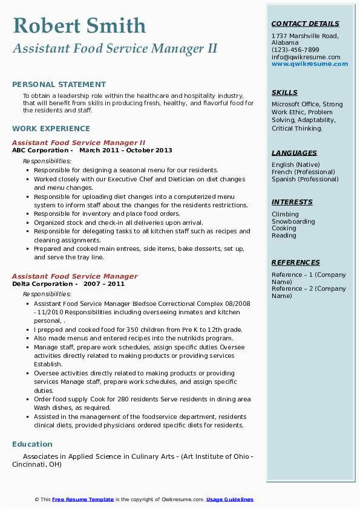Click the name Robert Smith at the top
pyautogui.click(x=79, y=25)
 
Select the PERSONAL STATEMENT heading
pyautogui.click(x=59, y=85)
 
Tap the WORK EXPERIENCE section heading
pyautogui.click(x=51, y=128)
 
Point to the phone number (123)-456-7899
pyautogui.click(x=295, y=50)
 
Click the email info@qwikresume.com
pyautogui.click(x=306, y=57)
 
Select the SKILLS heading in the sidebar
pyautogui.click(x=284, y=92)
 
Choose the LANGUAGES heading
pyautogui.click(x=294, y=153)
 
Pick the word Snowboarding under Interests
pyautogui.click(x=293, y=221)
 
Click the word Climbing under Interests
pyautogui.click(x=285, y=214)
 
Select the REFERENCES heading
pyautogui.click(x=296, y=262)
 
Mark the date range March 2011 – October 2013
pyautogui.click(x=126, y=151)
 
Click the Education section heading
pyautogui.click(x=32, y=444)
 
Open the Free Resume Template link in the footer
pyautogui.click(x=83, y=499)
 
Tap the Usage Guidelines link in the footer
pyautogui.click(x=230, y=499)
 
